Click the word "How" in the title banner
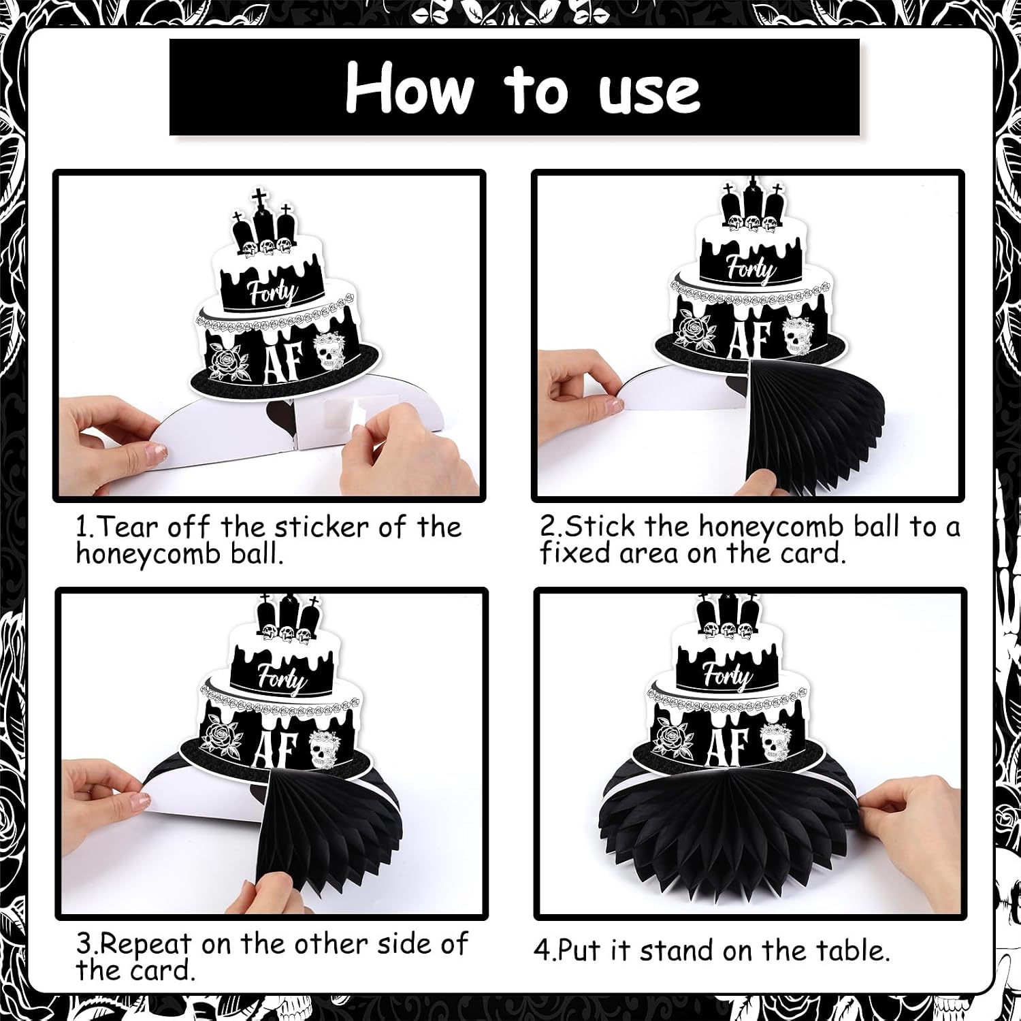click(408, 88)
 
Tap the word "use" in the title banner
click(649, 91)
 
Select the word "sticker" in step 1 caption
click(320, 527)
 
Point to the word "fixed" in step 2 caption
click(575, 553)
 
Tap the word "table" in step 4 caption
click(850, 950)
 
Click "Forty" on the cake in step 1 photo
click(273, 293)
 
